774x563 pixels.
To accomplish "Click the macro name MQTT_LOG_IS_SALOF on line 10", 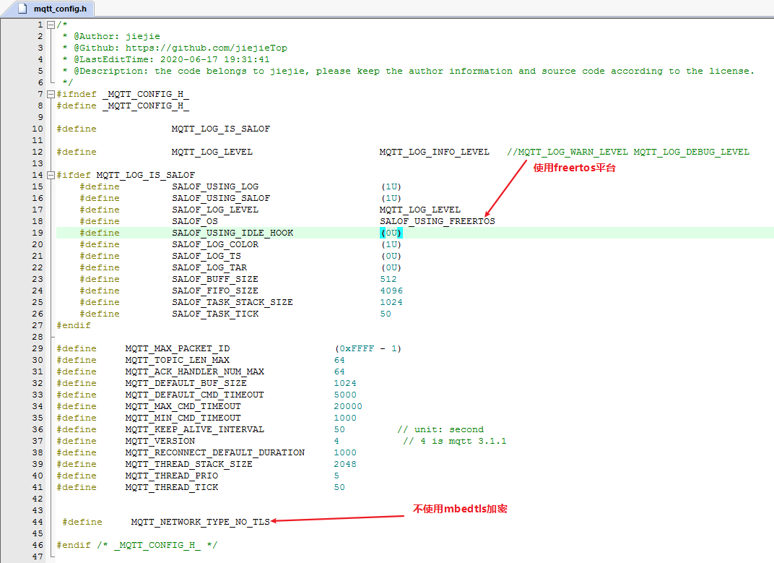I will (x=220, y=129).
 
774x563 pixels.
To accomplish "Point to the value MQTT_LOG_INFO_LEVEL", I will (x=434, y=152).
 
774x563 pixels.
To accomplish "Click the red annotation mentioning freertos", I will (x=575, y=168).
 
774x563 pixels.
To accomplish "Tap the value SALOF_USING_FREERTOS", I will (x=437, y=221).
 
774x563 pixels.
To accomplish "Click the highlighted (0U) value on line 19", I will (x=391, y=233).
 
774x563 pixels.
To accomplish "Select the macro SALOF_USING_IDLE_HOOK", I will (x=232, y=233).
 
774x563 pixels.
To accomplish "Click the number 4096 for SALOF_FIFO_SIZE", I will (x=391, y=291).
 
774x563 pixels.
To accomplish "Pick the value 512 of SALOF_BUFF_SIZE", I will (x=388, y=279).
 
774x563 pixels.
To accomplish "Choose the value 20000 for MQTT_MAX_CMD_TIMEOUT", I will (x=348, y=406).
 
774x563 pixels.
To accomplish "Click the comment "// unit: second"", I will (x=440, y=429).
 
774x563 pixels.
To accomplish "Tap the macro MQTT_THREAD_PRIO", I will (x=171, y=476).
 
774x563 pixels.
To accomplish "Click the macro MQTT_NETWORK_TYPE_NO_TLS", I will (x=200, y=522).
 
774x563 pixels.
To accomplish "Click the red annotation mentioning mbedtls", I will (x=459, y=509).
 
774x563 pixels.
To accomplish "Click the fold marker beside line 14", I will (x=50, y=175).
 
